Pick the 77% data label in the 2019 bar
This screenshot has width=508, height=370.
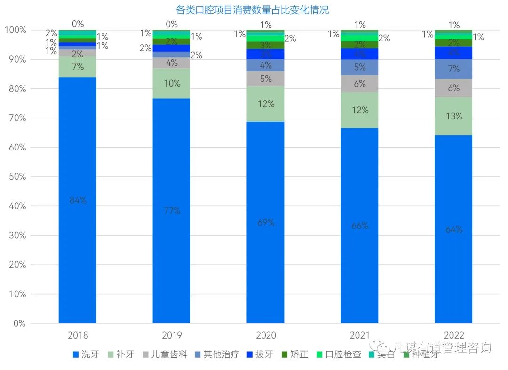tap(172, 211)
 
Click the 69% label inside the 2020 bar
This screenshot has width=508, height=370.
tap(266, 222)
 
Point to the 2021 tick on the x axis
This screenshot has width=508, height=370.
tap(360, 336)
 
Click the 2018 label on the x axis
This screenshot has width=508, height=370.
tap(78, 336)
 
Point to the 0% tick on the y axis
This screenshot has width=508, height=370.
tap(19, 323)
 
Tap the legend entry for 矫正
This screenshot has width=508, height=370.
tap(294, 354)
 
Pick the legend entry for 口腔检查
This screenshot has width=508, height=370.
tap(338, 354)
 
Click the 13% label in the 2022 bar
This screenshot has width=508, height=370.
tap(454, 116)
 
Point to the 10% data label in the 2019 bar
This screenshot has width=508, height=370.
tap(172, 83)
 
